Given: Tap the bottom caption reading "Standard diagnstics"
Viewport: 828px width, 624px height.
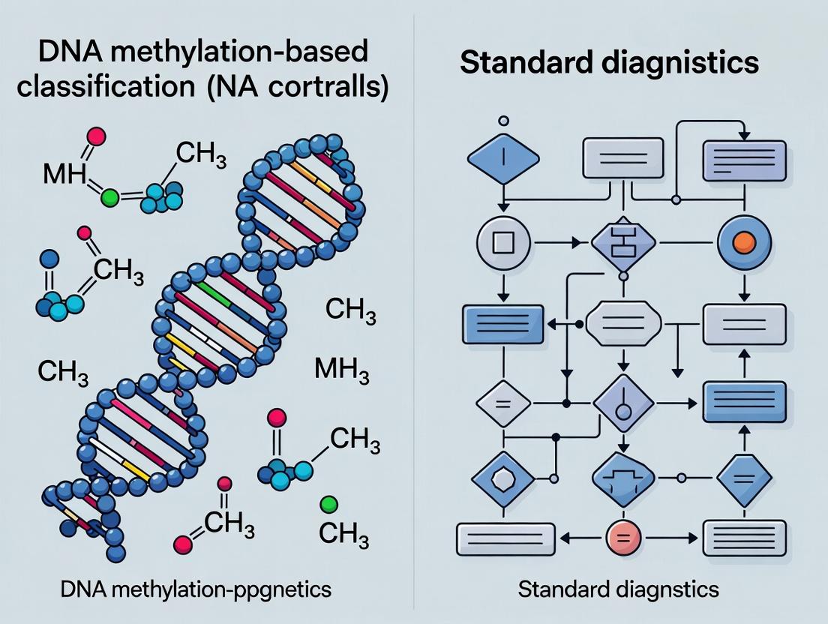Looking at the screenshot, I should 618,589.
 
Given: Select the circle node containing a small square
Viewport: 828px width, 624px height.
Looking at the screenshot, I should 503,243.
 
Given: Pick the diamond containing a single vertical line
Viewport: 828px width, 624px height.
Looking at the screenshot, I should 503,160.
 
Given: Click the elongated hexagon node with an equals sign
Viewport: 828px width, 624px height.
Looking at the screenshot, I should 623,324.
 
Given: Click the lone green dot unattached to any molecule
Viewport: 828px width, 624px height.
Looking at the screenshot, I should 328,503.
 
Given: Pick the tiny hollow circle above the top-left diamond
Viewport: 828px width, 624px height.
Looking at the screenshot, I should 503,120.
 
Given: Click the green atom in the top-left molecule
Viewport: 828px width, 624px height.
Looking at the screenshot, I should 110,199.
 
